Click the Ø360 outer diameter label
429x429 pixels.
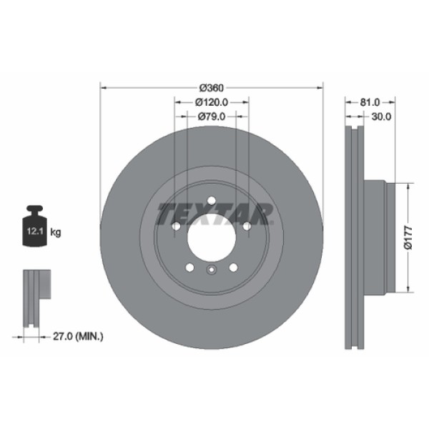[x=211, y=87]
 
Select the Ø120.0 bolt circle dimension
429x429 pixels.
[x=211, y=102]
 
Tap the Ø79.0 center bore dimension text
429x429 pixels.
[x=211, y=117]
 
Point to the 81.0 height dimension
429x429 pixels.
[x=370, y=102]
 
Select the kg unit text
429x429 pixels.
[x=56, y=232]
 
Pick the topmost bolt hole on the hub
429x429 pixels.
[x=211, y=200]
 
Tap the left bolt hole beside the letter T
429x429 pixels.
[x=176, y=226]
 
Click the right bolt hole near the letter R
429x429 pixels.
[x=246, y=226]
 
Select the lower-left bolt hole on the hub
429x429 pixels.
[x=189, y=267]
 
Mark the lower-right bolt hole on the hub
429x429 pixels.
[x=232, y=267]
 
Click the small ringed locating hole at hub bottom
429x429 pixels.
[x=211, y=270]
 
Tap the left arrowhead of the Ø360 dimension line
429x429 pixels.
[x=102, y=87]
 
